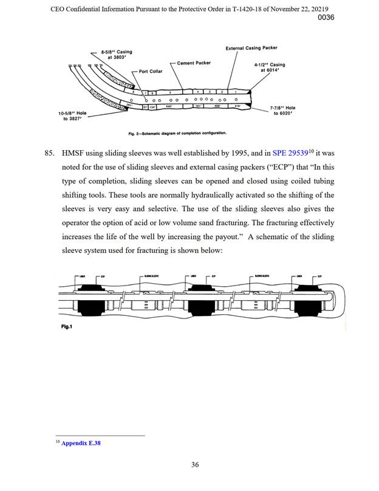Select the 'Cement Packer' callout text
(194, 63)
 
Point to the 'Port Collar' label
(151, 71)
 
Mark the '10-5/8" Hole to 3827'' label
(72, 116)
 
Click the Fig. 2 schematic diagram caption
(177, 132)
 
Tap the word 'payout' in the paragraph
(227, 236)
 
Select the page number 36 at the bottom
(195, 465)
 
